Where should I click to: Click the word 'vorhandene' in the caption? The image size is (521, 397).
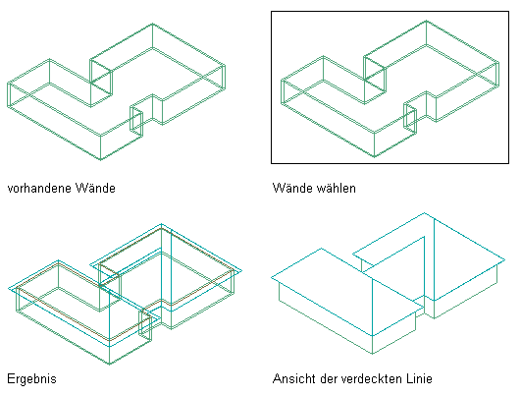pyautogui.click(x=39, y=189)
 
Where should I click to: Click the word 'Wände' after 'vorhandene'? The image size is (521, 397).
pyautogui.click(x=95, y=188)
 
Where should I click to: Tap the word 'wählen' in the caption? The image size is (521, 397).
pyautogui.click(x=336, y=188)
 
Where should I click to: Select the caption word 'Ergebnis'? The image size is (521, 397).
pyautogui.click(x=32, y=379)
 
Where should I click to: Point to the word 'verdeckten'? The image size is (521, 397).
pyautogui.click(x=371, y=379)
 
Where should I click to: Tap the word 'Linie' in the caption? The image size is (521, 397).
pyautogui.click(x=419, y=379)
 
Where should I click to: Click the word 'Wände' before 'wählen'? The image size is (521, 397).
pyautogui.click(x=292, y=188)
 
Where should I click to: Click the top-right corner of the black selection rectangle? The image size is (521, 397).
pyautogui.click(x=508, y=12)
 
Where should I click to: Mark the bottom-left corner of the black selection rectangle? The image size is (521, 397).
pyautogui.click(x=272, y=163)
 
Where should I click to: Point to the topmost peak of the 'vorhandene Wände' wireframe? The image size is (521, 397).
pyautogui.click(x=152, y=24)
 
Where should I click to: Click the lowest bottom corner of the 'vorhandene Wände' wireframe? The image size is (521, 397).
pyautogui.click(x=101, y=160)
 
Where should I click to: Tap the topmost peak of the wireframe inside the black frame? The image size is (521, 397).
pyautogui.click(x=426, y=21)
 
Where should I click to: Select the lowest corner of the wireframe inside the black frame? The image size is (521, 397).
pyautogui.click(x=375, y=157)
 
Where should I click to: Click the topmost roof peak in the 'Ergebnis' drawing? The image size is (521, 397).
pyautogui.click(x=162, y=224)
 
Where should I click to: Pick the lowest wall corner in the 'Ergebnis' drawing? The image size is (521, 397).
pyautogui.click(x=110, y=364)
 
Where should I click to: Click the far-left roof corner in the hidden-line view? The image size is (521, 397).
pyautogui.click(x=272, y=277)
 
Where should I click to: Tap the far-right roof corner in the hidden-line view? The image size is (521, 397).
pyautogui.click(x=504, y=259)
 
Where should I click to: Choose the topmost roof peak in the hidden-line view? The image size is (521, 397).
pyautogui.click(x=424, y=212)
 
